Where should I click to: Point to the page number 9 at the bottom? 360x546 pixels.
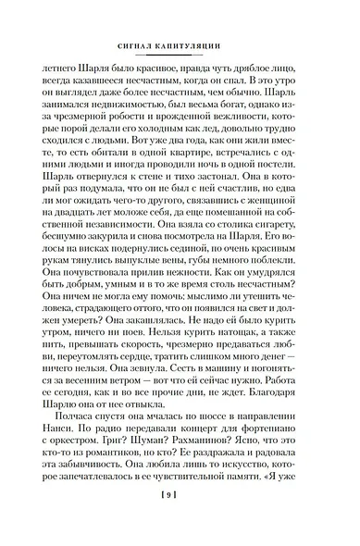(180, 524)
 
